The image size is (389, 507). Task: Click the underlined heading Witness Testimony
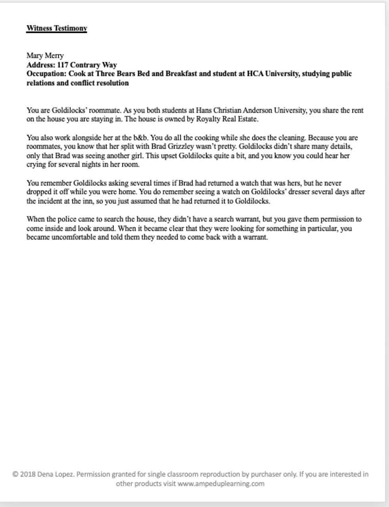coord(57,28)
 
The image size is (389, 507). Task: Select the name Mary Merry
coord(45,55)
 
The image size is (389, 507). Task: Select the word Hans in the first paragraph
coord(204,110)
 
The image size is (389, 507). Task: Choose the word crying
coord(36,165)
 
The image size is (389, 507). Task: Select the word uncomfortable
coord(74,238)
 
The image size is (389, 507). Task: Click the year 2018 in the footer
coord(28,474)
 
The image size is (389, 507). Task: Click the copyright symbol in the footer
coord(15,474)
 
